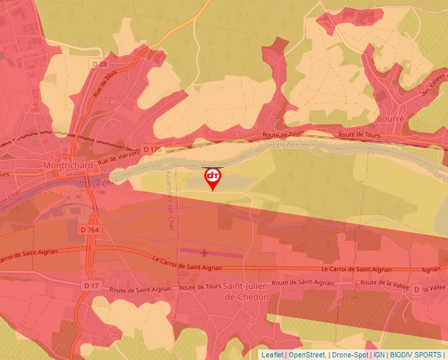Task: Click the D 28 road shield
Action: [x=99, y=64]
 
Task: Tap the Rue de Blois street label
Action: [x=104, y=84]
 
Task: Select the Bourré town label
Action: [x=391, y=118]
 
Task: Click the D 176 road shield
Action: [x=152, y=150]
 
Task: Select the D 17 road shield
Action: [x=91, y=286]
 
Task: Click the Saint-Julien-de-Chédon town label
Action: [x=247, y=291]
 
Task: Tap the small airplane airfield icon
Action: [x=204, y=251]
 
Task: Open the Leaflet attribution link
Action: [x=272, y=355]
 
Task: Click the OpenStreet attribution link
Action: [x=308, y=355]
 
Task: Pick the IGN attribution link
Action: [x=379, y=355]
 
